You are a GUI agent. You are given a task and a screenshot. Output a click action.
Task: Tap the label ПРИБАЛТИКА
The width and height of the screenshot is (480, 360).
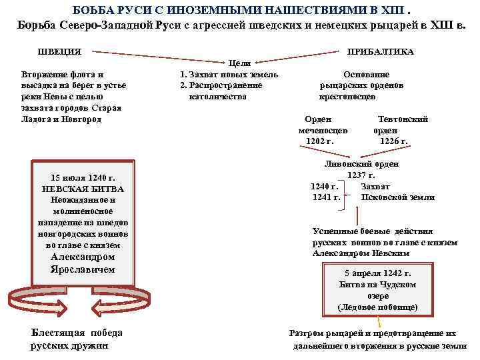tap(379, 52)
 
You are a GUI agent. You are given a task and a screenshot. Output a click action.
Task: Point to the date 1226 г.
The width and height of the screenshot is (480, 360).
tap(393, 141)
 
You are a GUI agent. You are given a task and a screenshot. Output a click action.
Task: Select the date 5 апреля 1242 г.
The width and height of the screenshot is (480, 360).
tap(378, 273)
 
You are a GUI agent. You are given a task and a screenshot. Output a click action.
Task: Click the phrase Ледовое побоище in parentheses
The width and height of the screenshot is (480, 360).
tap(378, 307)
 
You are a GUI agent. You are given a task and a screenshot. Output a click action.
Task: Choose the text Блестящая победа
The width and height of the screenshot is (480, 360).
tap(67, 334)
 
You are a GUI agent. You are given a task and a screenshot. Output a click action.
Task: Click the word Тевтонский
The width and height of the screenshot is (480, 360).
tap(403, 119)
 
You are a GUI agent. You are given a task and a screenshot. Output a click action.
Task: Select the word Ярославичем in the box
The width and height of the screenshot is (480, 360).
tap(83, 269)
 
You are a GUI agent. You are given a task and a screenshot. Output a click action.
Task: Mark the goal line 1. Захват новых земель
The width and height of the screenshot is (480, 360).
tap(229, 75)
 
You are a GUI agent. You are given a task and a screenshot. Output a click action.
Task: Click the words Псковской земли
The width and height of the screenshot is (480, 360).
tap(397, 197)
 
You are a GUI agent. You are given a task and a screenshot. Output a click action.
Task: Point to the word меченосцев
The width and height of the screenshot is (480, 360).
tap(323, 130)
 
